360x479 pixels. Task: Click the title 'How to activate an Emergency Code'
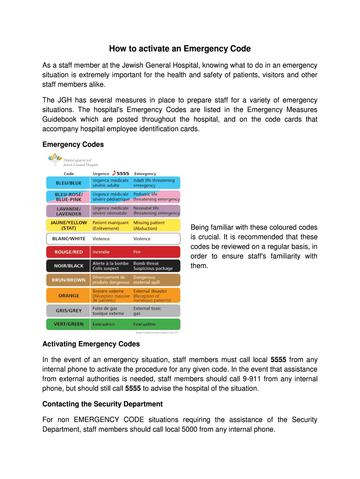(x=180, y=49)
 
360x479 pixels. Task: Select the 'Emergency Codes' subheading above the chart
(x=73, y=145)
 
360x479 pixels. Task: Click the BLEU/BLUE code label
(x=69, y=183)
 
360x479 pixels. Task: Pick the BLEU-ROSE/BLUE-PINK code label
(x=69, y=196)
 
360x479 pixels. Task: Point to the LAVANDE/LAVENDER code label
(x=69, y=210)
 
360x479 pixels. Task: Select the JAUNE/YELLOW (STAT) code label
(x=69, y=225)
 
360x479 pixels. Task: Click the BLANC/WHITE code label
(x=69, y=239)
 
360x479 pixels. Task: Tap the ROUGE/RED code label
(x=69, y=252)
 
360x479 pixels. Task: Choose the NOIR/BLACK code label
(x=69, y=266)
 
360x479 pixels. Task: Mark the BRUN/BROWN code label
(x=69, y=280)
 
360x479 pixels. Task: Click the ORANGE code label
(x=69, y=296)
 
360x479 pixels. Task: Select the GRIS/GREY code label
(x=69, y=311)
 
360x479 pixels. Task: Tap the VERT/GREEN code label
(x=69, y=324)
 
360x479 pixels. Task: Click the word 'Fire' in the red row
(x=137, y=252)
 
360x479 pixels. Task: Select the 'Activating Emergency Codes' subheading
(x=91, y=344)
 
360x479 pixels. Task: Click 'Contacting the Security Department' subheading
(x=102, y=404)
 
